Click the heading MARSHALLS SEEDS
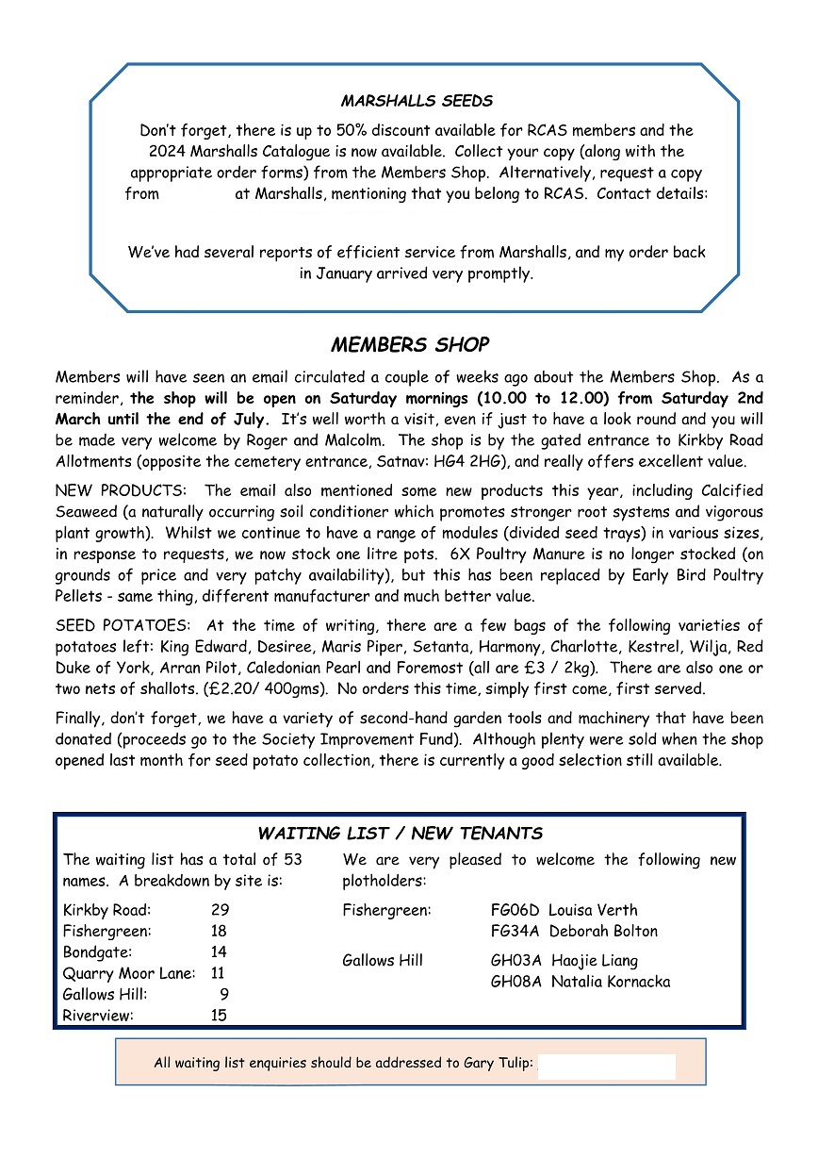click(417, 101)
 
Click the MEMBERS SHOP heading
click(410, 345)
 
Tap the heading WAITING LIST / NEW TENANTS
click(400, 834)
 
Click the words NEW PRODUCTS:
click(123, 491)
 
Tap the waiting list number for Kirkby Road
click(220, 911)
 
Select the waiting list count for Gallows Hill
click(223, 994)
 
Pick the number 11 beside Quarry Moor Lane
click(218, 973)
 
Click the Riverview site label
click(98, 1016)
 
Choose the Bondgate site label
click(98, 952)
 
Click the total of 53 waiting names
click(293, 860)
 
